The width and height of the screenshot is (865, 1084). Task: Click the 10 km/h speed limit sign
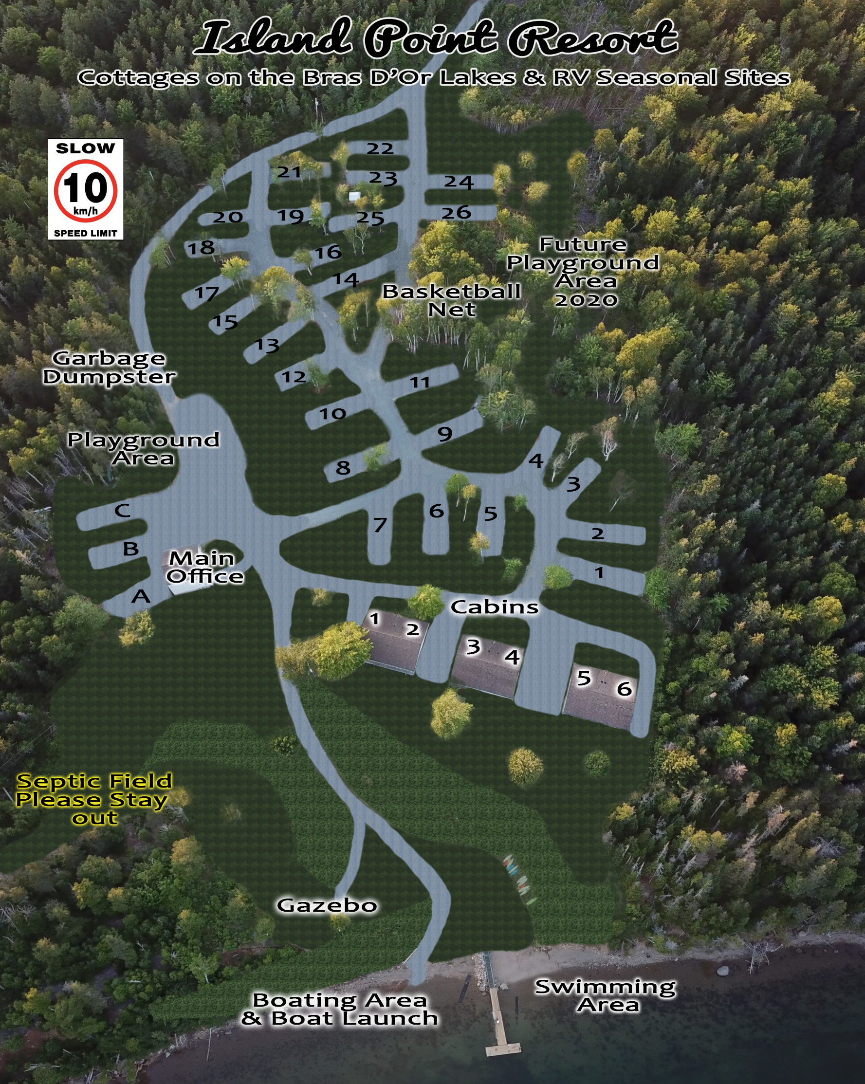(86, 189)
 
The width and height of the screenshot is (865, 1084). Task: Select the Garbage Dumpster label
(109, 367)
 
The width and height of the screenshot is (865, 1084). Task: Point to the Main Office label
(204, 567)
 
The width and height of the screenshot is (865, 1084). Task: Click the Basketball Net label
(451, 300)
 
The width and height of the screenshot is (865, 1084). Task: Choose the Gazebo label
(327, 905)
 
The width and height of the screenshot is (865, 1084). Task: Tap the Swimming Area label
(606, 995)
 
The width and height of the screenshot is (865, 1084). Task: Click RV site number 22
(380, 149)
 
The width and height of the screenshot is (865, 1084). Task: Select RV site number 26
(456, 213)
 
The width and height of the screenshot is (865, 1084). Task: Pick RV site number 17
(207, 293)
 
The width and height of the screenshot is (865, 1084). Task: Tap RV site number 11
(420, 383)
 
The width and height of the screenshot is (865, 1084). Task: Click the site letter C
(123, 511)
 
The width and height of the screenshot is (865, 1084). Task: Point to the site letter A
(141, 597)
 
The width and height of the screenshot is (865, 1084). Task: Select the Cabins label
(495, 607)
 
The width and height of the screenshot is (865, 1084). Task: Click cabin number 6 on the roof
(624, 689)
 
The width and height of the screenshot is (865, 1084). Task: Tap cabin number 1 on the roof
(375, 619)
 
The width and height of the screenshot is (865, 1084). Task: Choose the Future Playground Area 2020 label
(583, 272)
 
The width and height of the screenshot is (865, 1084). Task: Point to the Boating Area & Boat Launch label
(339, 1010)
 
